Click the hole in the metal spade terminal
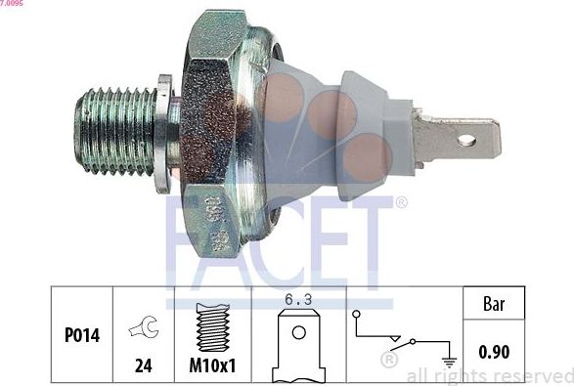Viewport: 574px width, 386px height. [x=466, y=141]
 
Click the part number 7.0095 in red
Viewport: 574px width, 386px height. [x=14, y=4]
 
